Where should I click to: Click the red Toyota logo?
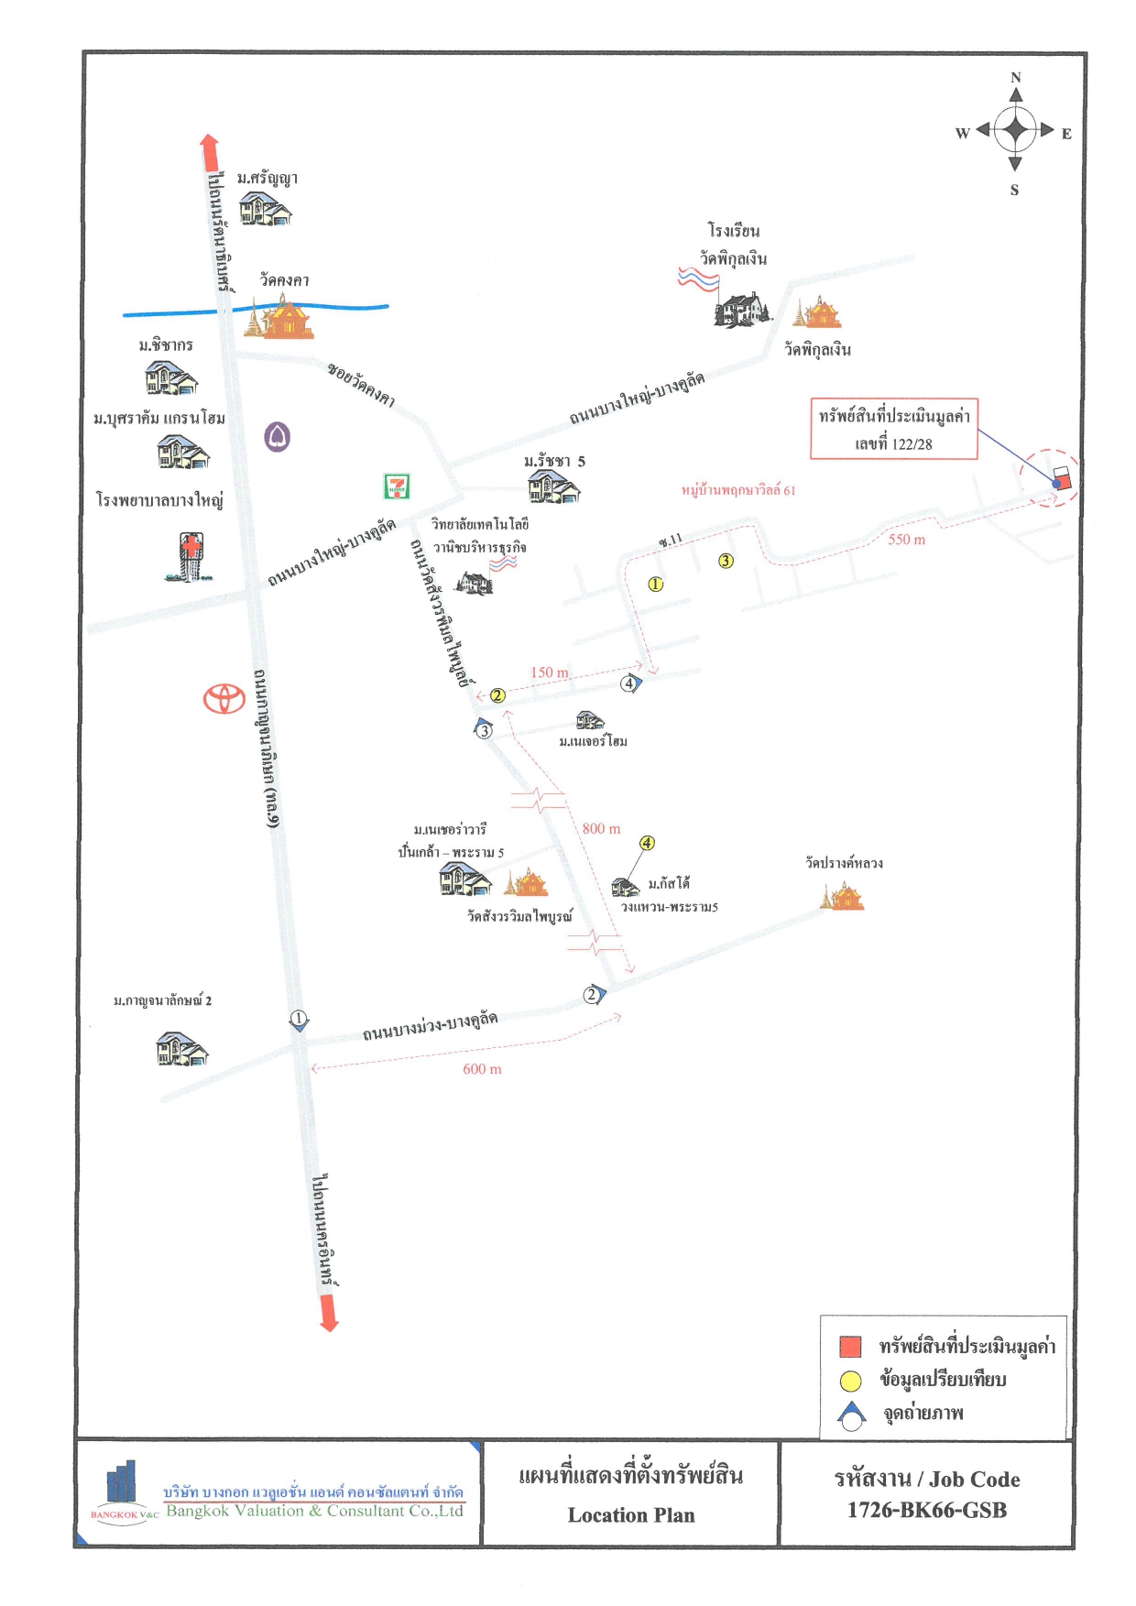pos(224,698)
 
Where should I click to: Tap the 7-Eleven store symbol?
pos(397,486)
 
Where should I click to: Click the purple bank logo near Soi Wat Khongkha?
pos(278,437)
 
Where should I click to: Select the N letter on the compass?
pos(1015,78)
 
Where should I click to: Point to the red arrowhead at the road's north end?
pos(210,144)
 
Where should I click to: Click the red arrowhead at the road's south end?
pos(329,1321)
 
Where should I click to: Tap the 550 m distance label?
pos(907,540)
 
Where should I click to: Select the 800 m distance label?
pos(601,828)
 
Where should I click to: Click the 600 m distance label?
pos(482,1069)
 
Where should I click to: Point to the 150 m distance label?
pos(550,672)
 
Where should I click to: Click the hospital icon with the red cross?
pos(191,557)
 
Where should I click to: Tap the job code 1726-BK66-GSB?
pos(927,1510)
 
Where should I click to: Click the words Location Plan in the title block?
pos(631,1515)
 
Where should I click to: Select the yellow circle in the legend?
pos(851,1381)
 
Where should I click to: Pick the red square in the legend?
pos(851,1346)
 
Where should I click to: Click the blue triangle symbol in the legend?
pos(852,1415)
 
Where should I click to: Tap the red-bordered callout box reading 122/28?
pos(894,428)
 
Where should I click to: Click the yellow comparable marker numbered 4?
pos(647,843)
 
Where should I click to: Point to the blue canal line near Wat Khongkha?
pos(257,310)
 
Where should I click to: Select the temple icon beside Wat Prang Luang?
pos(843,895)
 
